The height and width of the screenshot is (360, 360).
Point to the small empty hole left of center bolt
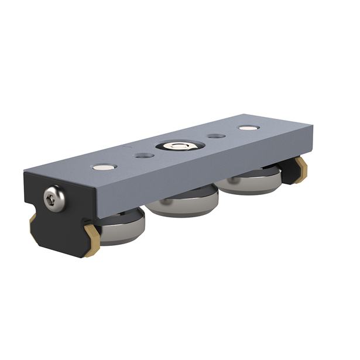(142, 156)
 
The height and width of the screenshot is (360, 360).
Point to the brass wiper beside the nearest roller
(91, 246)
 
